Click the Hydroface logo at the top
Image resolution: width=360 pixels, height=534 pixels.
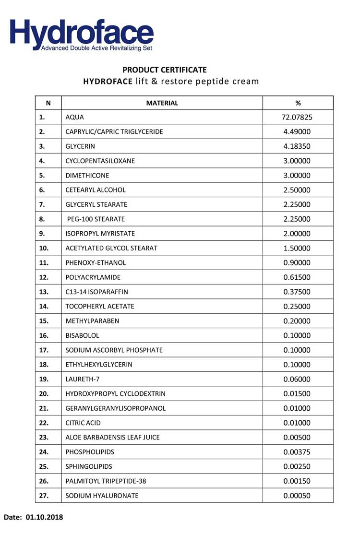coord(82,34)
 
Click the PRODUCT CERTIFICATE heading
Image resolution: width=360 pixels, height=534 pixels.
coord(165,70)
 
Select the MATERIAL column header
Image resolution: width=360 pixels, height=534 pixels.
coord(162,103)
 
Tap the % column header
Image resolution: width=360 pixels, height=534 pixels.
coord(298,103)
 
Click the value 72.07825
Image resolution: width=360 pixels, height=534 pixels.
coord(297,117)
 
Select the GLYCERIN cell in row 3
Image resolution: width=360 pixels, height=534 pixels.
coord(80,146)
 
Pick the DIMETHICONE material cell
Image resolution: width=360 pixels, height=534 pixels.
coord(87,176)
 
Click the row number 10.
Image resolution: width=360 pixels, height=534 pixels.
coord(44,248)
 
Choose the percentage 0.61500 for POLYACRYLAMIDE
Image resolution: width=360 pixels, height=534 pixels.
coord(297,277)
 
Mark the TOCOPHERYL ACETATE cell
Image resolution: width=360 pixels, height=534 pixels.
coord(100,307)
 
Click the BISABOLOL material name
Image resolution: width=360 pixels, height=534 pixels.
coord(82,336)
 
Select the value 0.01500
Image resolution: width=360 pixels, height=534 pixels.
coord(297,394)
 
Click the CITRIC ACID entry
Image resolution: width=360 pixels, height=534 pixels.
coord(83,423)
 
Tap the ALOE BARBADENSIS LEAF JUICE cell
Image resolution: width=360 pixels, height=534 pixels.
coord(112,438)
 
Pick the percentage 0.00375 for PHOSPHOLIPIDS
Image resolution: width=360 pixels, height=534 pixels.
coord(297,452)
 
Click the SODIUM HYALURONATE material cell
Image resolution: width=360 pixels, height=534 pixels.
coord(102,496)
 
